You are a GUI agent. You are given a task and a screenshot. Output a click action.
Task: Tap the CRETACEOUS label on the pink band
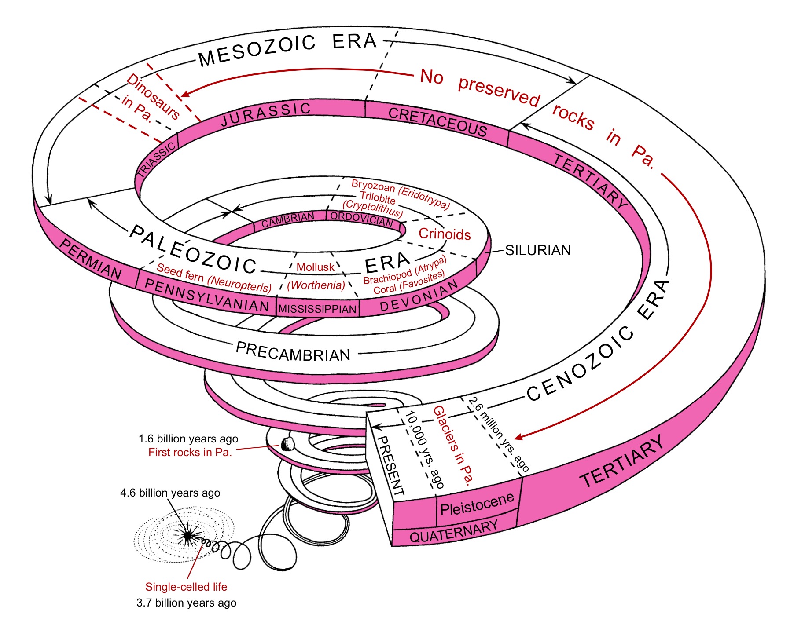pyautogui.click(x=437, y=122)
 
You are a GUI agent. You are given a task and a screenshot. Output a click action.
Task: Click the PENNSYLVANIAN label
pyautogui.click(x=207, y=296)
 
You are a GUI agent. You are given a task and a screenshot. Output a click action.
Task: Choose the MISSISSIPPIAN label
pyautogui.click(x=317, y=309)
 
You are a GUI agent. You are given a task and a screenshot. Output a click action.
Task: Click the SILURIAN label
pyautogui.click(x=537, y=250)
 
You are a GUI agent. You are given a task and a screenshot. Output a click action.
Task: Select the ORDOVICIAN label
pyautogui.click(x=361, y=219)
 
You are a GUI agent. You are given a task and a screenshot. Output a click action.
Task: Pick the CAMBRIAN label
pyautogui.click(x=288, y=219)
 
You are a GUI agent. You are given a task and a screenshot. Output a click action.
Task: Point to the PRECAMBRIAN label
pyautogui.click(x=293, y=352)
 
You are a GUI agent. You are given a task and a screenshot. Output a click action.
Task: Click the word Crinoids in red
pyautogui.click(x=445, y=234)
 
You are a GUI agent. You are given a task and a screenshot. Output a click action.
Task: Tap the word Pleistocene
pyautogui.click(x=477, y=504)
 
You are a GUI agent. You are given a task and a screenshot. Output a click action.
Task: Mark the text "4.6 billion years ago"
pyautogui.click(x=170, y=493)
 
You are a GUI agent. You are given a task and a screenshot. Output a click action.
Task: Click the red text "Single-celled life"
pyautogui.click(x=186, y=587)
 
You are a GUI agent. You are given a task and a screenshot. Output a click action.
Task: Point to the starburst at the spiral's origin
pyautogui.click(x=188, y=535)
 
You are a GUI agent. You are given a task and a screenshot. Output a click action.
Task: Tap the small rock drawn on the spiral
pyautogui.click(x=287, y=444)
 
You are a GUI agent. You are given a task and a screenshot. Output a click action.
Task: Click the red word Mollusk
pyautogui.click(x=315, y=267)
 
